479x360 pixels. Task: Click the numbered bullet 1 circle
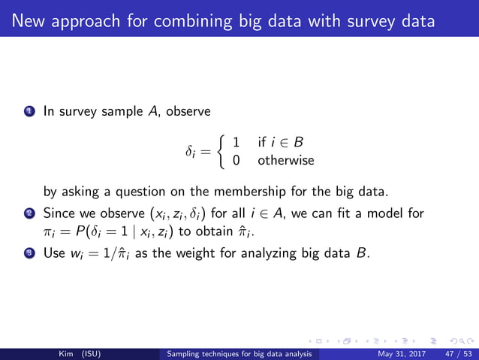[29, 112]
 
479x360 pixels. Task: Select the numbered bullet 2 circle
[29, 213]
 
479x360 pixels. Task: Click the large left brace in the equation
[221, 150]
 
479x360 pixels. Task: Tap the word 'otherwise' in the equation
[285, 160]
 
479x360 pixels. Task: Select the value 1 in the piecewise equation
[236, 142]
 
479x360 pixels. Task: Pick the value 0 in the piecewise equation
[236, 160]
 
